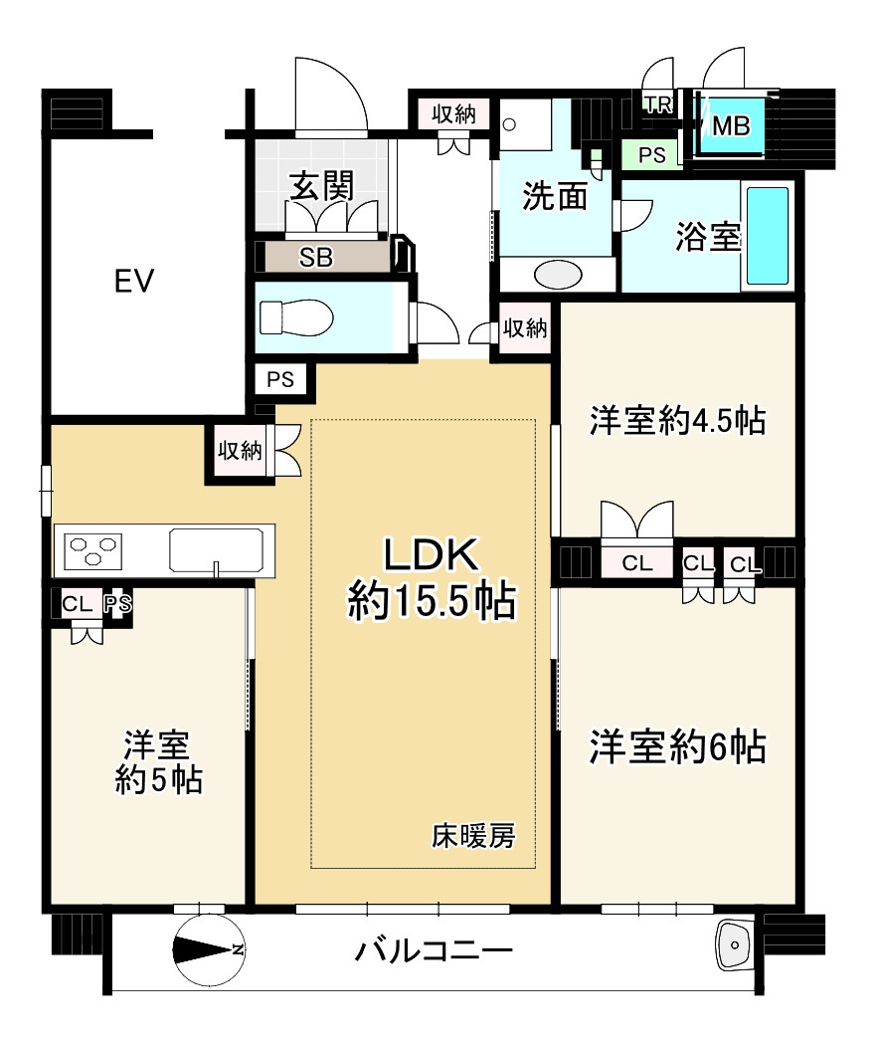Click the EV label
133,283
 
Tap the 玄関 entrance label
322,186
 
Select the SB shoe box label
316,257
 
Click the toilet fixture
297,318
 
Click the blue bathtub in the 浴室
767,235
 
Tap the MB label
731,125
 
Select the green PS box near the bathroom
651,155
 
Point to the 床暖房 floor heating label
472,837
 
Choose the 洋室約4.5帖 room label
677,421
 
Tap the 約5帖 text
158,780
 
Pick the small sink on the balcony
735,941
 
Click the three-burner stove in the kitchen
92,549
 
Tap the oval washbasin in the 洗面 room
560,274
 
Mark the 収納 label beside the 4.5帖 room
524,328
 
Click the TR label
657,104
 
